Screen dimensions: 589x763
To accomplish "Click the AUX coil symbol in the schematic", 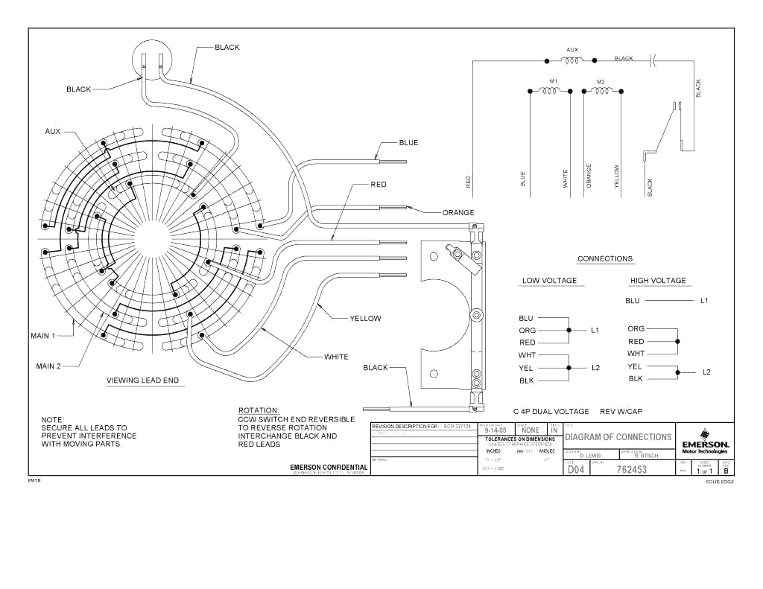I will pos(572,60).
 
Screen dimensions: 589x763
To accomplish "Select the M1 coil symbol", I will pos(550,91).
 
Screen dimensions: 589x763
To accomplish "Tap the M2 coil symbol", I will pos(601,91).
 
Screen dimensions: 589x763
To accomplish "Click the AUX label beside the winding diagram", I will pos(52,131).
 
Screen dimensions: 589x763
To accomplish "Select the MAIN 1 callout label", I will pos(43,336).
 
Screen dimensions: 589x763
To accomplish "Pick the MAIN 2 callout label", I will pos(48,366).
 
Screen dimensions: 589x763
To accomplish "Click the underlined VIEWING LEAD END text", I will pos(142,381).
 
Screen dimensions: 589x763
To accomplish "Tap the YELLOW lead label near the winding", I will pos(365,319).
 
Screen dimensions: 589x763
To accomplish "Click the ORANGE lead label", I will pos(458,213).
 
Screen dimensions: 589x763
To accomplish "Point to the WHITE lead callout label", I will pos(336,357).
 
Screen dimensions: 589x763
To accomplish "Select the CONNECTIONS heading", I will pos(605,259).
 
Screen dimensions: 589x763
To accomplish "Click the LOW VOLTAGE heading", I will pos(549,281).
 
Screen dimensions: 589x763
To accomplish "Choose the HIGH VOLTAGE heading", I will pos(658,281).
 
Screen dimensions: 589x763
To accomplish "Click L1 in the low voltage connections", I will pos(595,329).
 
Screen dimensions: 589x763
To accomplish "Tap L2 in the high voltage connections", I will pos(706,372).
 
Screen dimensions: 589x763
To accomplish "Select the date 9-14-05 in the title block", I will pos(496,430).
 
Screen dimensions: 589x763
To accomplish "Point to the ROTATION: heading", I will pos(259,410).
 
